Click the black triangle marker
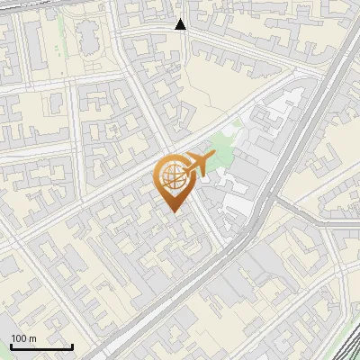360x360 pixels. (181, 24)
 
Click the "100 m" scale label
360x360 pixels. (23, 338)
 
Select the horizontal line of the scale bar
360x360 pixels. (41, 346)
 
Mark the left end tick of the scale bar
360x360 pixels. (11, 345)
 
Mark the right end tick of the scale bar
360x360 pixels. (72, 345)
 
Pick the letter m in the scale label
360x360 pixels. (32, 338)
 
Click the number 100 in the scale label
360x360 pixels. (19, 338)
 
